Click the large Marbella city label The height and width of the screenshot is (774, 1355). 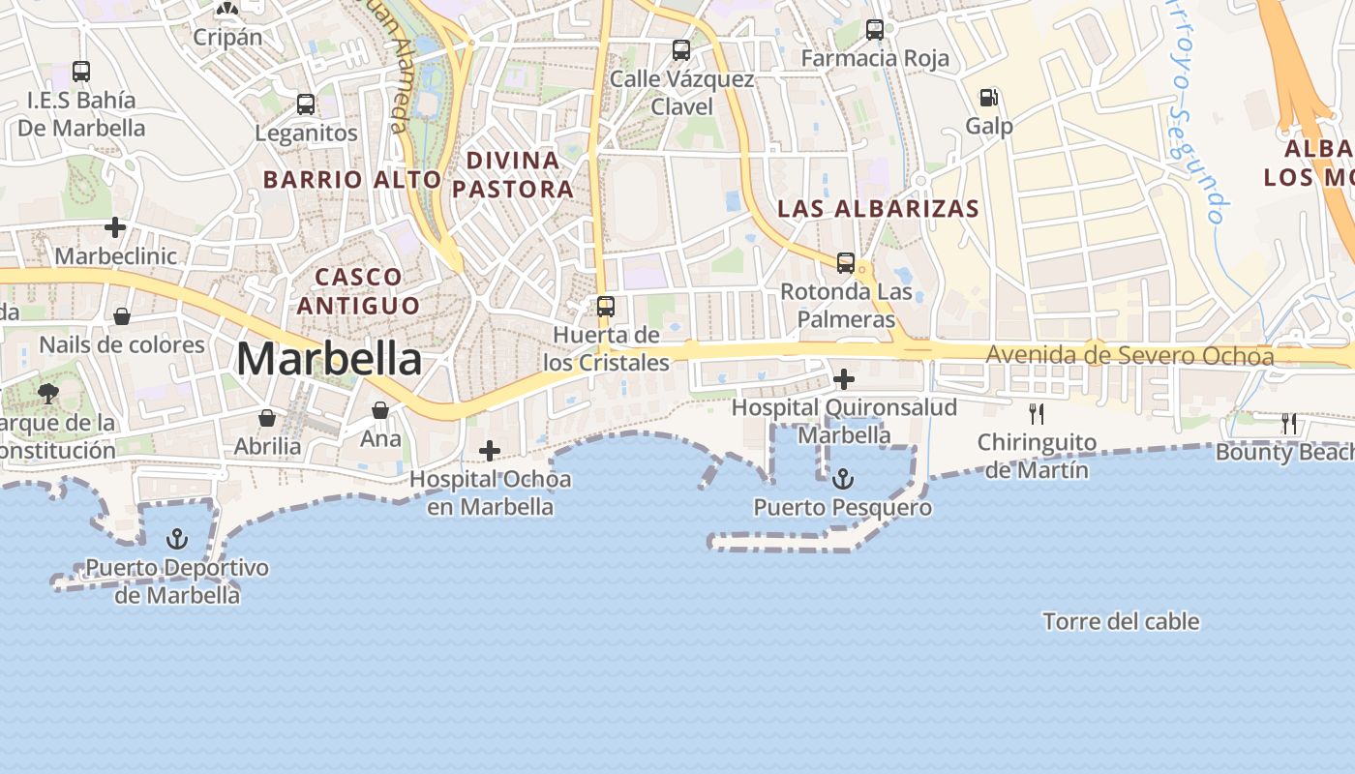(329, 359)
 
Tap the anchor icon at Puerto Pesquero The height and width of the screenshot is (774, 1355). (843, 478)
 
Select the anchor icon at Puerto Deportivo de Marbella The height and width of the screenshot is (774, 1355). (176, 539)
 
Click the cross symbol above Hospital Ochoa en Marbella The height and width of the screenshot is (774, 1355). (490, 450)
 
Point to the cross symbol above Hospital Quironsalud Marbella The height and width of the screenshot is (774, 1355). (844, 379)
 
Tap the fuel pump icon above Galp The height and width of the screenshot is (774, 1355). (988, 98)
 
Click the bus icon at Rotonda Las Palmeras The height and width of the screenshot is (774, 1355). (845, 263)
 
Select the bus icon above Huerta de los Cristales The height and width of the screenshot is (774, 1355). (606, 307)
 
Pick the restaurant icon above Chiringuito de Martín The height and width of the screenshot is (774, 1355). (1037, 414)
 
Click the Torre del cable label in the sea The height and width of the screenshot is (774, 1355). (1121, 621)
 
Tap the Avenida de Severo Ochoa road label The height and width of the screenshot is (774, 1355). (1129, 355)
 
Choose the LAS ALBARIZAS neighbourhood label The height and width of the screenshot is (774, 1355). (878, 208)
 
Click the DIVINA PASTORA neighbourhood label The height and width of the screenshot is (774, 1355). (513, 174)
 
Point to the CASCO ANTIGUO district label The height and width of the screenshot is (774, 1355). (359, 291)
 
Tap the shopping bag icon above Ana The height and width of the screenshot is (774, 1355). (380, 410)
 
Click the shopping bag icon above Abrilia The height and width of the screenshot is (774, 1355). (266, 418)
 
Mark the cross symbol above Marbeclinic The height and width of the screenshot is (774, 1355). (115, 227)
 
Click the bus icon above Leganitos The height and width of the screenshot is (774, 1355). (306, 104)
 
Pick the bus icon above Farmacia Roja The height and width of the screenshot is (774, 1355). (875, 30)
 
